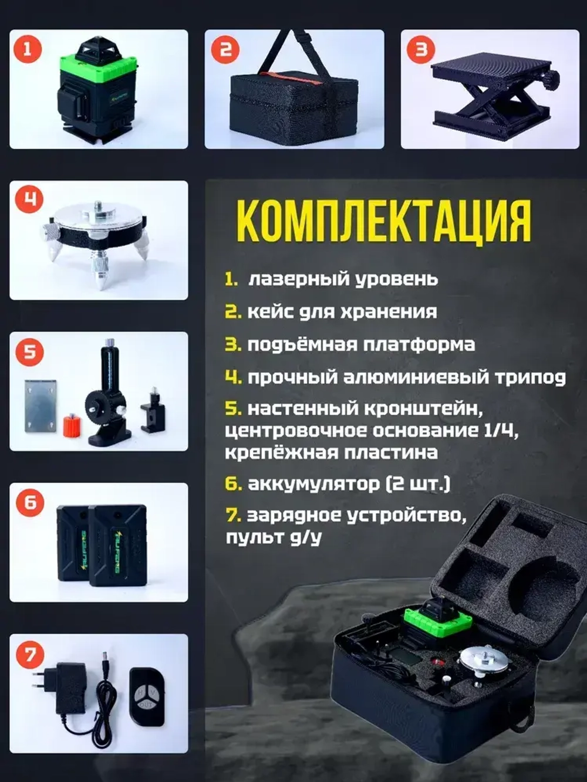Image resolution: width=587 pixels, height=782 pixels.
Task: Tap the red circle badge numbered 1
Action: tap(27, 49)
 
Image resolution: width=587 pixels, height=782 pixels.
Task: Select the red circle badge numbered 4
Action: tap(28, 199)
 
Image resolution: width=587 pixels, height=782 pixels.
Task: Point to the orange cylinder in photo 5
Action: tap(71, 425)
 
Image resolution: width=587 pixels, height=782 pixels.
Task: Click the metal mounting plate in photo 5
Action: tap(41, 405)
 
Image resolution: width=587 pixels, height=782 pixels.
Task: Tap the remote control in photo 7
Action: tap(147, 696)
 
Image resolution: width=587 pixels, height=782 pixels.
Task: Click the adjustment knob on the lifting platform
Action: tap(551, 80)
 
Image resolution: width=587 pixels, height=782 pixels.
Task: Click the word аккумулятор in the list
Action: tap(313, 484)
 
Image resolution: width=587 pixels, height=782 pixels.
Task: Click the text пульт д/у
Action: tap(274, 537)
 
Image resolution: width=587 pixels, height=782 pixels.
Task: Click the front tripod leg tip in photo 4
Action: tap(101, 281)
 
